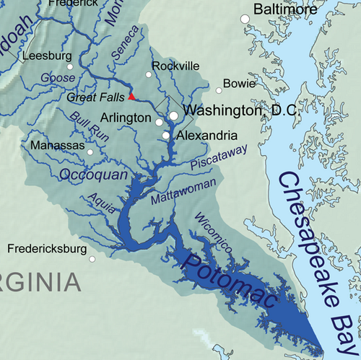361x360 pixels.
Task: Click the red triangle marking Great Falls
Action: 131,95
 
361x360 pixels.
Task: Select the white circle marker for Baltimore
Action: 245,18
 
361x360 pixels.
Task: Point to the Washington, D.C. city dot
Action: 173,115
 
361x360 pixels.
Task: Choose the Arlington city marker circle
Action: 159,123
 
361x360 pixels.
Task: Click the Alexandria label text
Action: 206,135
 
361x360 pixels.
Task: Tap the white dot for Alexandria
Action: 166,135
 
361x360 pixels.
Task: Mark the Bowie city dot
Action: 219,91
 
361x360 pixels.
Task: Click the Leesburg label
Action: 48,55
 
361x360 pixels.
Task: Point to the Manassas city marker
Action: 90,152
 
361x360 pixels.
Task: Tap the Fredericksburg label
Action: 47,249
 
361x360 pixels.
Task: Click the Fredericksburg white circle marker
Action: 92,258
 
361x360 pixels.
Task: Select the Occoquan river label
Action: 93,175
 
